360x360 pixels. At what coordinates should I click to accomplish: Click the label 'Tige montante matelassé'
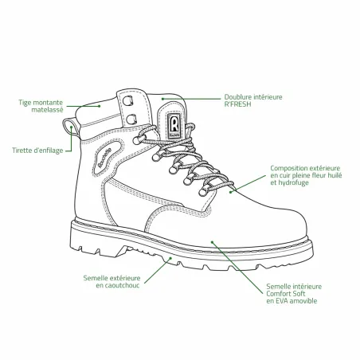[x=41, y=106]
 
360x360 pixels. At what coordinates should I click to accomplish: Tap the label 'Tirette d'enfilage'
[x=37, y=151]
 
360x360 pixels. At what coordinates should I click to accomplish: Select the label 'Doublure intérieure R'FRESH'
[x=253, y=100]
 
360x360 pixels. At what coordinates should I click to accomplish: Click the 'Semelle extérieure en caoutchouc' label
[x=112, y=282]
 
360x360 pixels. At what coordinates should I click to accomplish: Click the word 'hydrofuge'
[x=293, y=182]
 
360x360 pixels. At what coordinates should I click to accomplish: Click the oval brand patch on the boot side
[x=108, y=158]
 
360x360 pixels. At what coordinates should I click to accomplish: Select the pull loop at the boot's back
[x=70, y=127]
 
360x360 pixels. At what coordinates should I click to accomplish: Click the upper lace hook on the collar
[x=128, y=100]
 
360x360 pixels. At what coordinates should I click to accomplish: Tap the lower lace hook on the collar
[x=131, y=119]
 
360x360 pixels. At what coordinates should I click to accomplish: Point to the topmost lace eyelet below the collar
[x=136, y=140]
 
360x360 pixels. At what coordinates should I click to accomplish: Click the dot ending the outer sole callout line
[x=170, y=258]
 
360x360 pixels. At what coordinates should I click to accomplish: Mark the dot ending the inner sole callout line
[x=212, y=242]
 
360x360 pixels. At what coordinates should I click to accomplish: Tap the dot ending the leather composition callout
[x=231, y=192]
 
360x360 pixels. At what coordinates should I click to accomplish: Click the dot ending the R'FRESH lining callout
[x=162, y=99]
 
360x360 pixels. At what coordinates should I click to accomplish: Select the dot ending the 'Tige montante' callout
[x=100, y=106]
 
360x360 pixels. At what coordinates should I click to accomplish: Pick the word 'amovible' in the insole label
[x=303, y=301]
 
